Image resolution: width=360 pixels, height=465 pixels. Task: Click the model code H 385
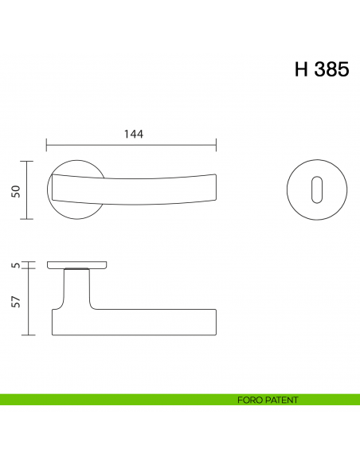click(x=321, y=70)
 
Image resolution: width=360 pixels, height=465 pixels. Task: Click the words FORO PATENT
click(x=267, y=399)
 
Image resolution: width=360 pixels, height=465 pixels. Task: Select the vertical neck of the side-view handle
click(x=76, y=291)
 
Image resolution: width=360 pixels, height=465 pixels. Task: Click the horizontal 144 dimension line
click(x=132, y=146)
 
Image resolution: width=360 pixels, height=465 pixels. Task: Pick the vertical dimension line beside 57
click(x=29, y=302)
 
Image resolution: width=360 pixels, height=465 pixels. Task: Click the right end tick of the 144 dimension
click(x=217, y=146)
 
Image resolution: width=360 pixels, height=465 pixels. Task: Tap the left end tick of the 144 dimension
click(x=47, y=146)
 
